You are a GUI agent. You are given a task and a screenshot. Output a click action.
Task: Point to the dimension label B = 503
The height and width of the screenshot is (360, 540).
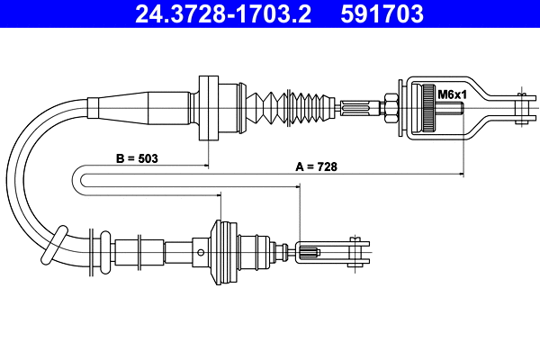point(137,158)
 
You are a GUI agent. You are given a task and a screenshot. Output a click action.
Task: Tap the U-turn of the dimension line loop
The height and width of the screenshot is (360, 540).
point(82,179)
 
